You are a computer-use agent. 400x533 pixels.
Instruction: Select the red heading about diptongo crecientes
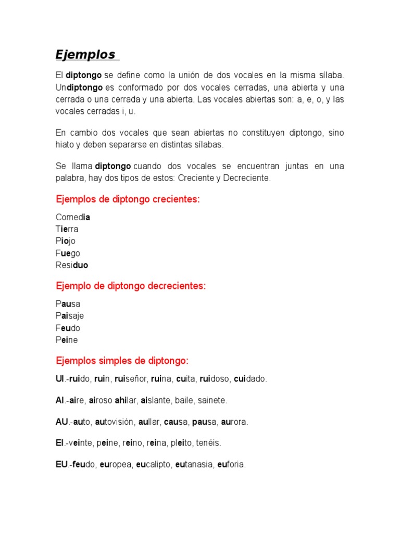pyautogui.click(x=128, y=200)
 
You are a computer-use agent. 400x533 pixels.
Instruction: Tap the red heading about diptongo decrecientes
pyautogui.click(x=131, y=286)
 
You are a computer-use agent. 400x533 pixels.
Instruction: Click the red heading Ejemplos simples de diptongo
pyautogui.click(x=122, y=360)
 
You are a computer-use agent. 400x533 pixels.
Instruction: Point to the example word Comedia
pyautogui.click(x=73, y=217)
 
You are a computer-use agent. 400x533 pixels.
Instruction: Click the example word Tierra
pyautogui.click(x=67, y=229)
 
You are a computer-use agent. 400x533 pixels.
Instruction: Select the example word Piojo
pyautogui.click(x=66, y=241)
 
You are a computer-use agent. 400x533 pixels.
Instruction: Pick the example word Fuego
pyautogui.click(x=68, y=253)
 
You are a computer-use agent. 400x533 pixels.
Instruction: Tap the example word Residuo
pyautogui.click(x=72, y=265)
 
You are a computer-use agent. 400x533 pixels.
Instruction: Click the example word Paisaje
pyautogui.click(x=70, y=315)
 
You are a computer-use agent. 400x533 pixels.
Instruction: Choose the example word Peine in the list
pyautogui.click(x=67, y=340)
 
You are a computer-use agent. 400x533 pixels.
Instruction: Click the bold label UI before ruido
pyautogui.click(x=59, y=379)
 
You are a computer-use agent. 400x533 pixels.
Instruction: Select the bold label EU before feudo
pyautogui.click(x=61, y=464)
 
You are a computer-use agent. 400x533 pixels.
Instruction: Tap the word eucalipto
pyautogui.click(x=157, y=464)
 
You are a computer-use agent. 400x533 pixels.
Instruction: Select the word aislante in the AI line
pyautogui.click(x=157, y=400)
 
